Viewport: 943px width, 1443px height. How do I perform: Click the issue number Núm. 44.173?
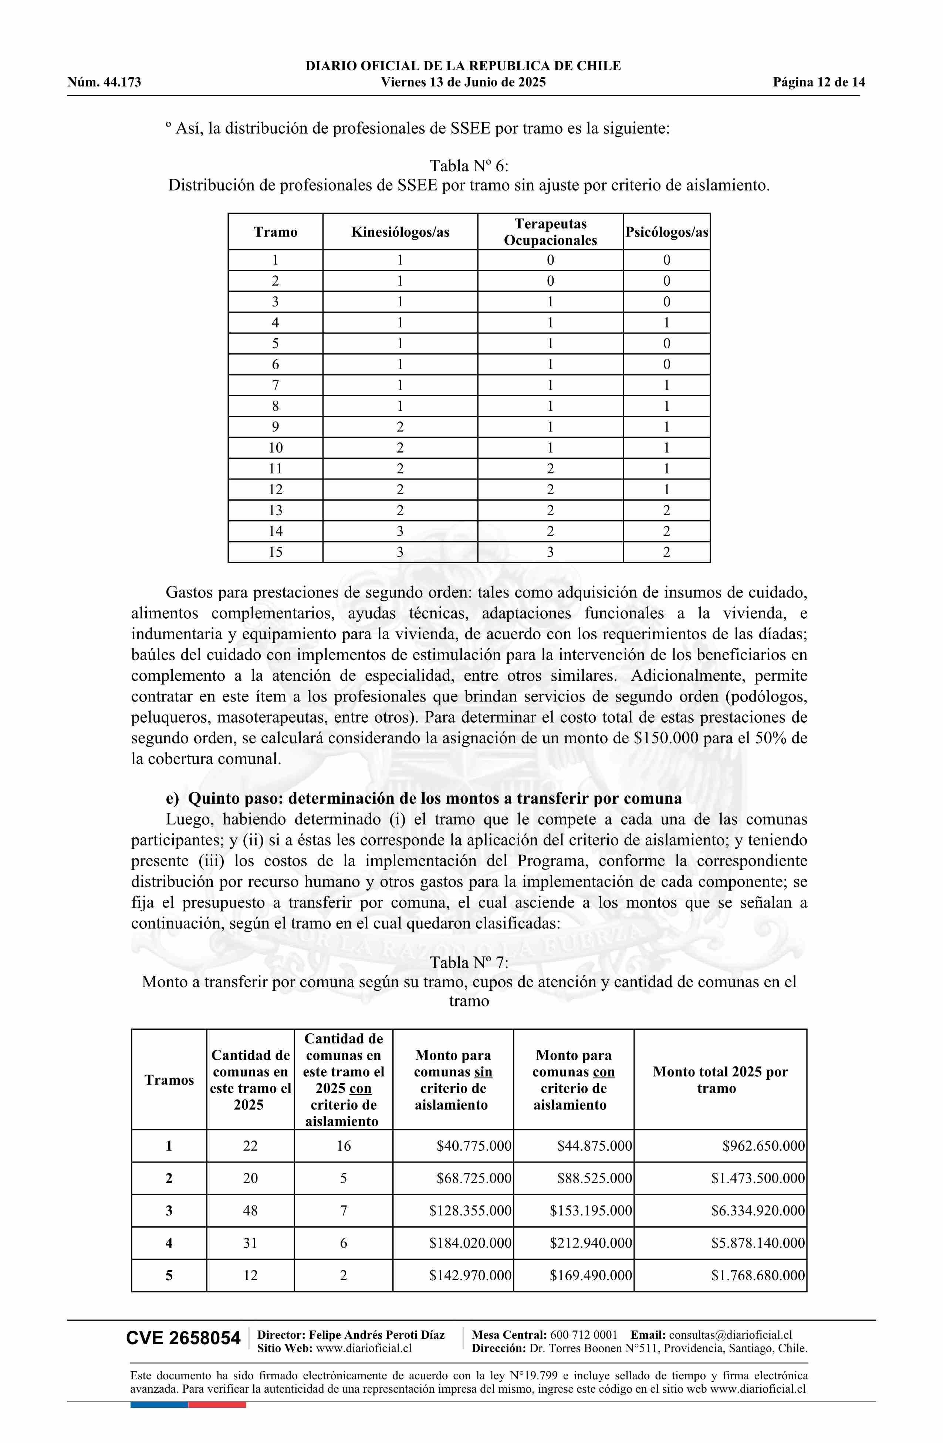104,83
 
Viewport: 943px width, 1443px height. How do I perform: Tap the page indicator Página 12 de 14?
819,83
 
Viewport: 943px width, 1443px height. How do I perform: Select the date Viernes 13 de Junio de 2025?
463,83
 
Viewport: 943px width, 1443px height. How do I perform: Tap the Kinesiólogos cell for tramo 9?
400,427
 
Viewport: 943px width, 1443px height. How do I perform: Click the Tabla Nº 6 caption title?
469,165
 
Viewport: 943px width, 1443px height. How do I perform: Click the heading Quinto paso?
424,798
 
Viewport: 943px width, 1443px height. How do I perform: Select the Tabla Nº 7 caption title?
469,963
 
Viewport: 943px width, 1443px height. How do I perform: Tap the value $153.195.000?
591,1211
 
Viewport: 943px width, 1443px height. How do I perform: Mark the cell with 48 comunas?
250,1211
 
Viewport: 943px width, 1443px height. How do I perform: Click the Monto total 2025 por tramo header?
720,1080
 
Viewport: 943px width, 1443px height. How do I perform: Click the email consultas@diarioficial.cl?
730,1335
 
